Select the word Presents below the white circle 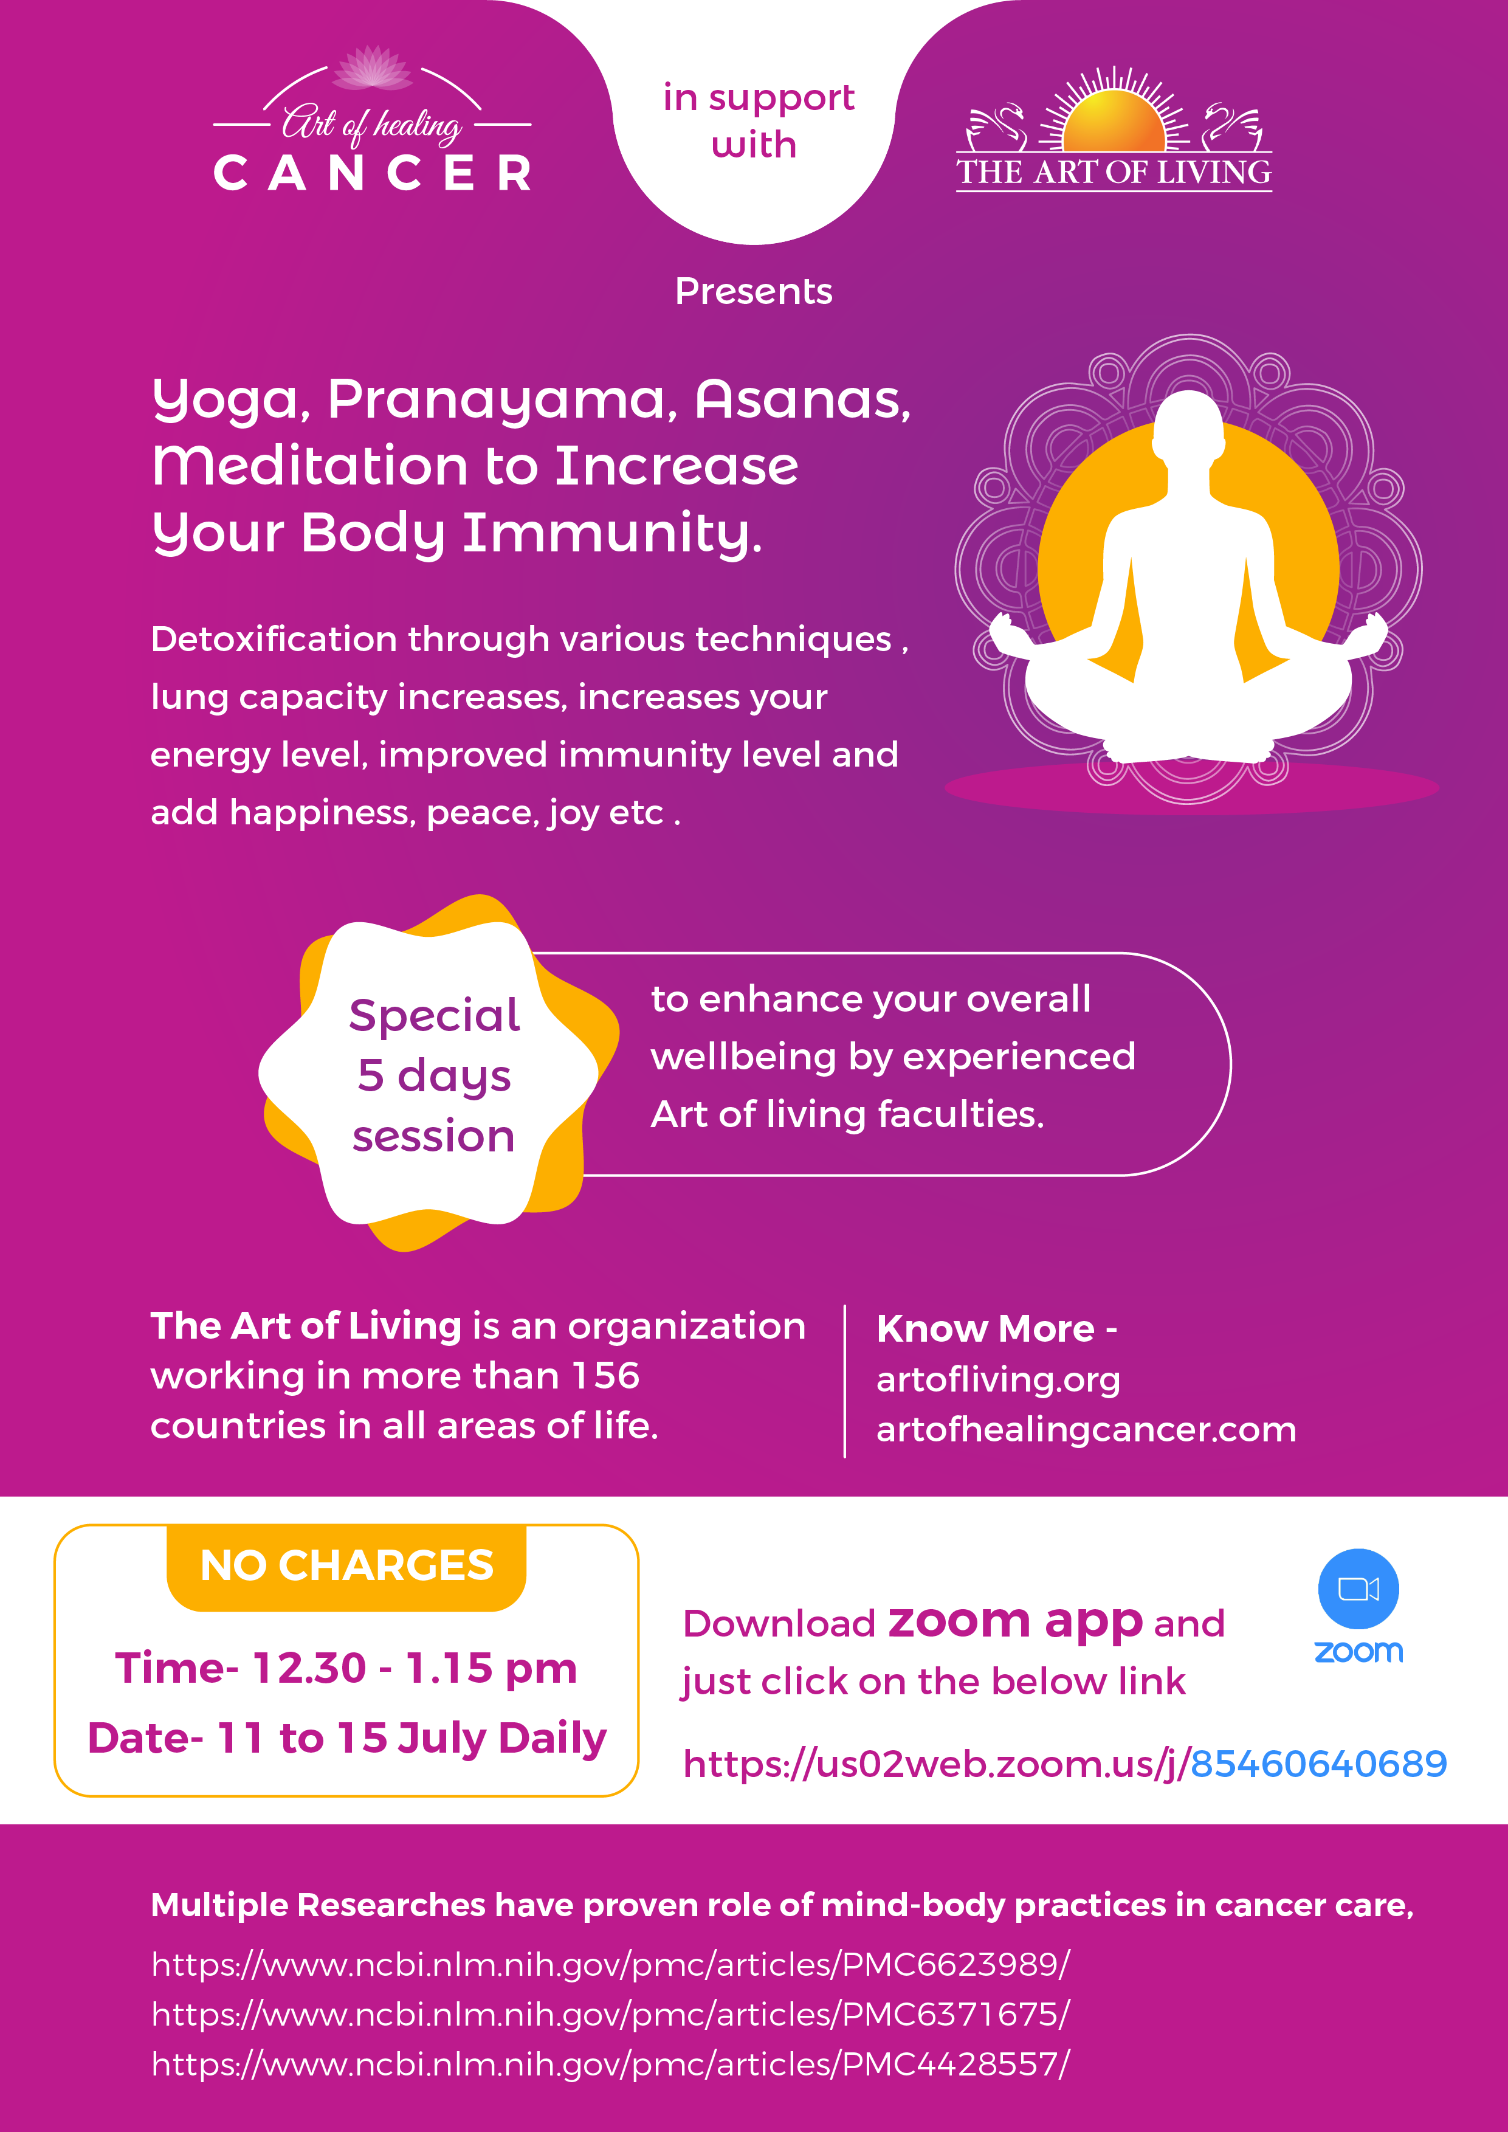753,292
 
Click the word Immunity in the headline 612,534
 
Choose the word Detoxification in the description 274,639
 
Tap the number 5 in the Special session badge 371,1075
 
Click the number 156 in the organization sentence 605,1375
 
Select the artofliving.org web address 998,1381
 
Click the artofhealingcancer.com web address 1086,1430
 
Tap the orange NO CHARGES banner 346,1567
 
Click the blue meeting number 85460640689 1318,1764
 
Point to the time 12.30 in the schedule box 309,1669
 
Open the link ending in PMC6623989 610,1964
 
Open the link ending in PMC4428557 610,2064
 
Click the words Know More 985,1329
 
